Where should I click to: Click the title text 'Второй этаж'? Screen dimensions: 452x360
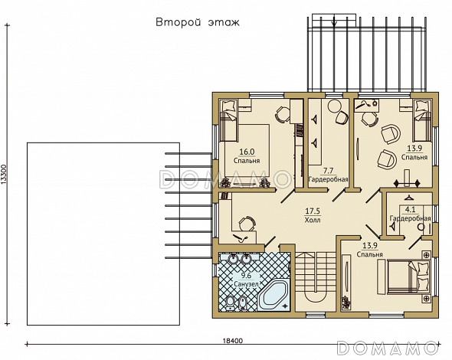tap(198, 22)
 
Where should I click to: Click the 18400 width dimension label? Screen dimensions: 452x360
tap(233, 341)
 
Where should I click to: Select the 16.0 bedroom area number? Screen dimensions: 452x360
tap(247, 152)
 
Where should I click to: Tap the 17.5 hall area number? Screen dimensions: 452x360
tap(313, 211)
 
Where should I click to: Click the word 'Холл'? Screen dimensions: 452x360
tap(313, 220)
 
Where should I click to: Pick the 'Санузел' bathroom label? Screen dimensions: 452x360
tap(246, 284)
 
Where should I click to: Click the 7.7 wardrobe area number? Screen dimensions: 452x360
tap(329, 171)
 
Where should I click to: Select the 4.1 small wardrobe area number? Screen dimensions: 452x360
tap(410, 209)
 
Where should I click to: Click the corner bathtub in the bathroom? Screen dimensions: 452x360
tap(273, 296)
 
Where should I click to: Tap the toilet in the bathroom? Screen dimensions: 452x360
tap(230, 303)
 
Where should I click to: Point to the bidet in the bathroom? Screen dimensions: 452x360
tap(243, 303)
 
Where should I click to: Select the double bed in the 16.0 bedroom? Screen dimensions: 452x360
tap(246, 150)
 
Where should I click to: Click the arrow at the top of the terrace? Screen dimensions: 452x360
tap(334, 21)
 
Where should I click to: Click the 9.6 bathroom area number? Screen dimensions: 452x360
tap(246, 276)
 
